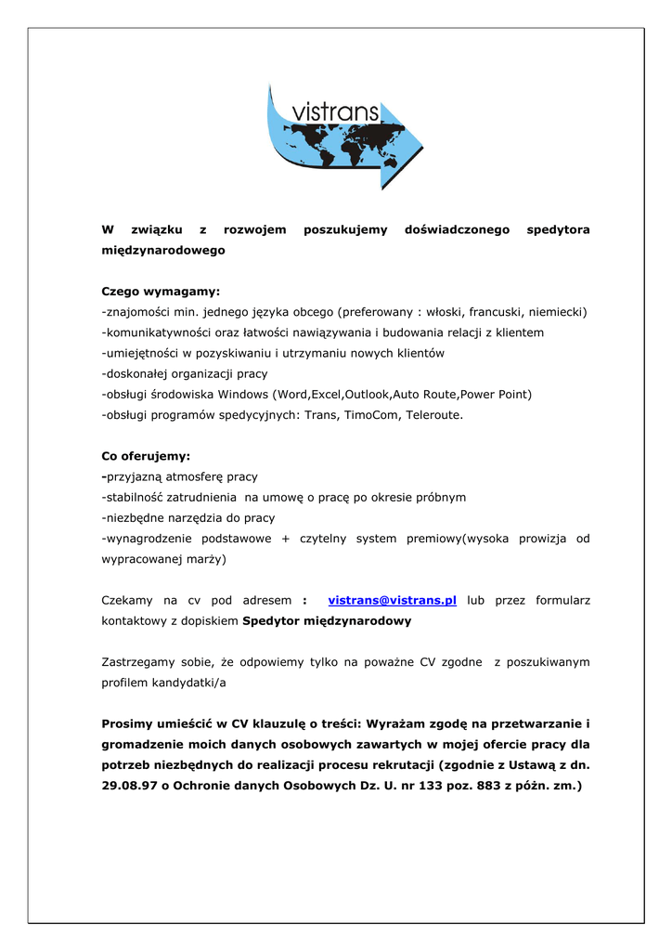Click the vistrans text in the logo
click(x=335, y=112)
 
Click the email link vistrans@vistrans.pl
click(x=393, y=601)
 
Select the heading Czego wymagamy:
click(x=161, y=291)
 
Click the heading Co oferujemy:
click(x=145, y=456)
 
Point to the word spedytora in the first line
click(x=558, y=229)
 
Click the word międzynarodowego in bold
click(x=162, y=251)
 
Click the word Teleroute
click(x=433, y=415)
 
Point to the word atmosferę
click(x=197, y=476)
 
